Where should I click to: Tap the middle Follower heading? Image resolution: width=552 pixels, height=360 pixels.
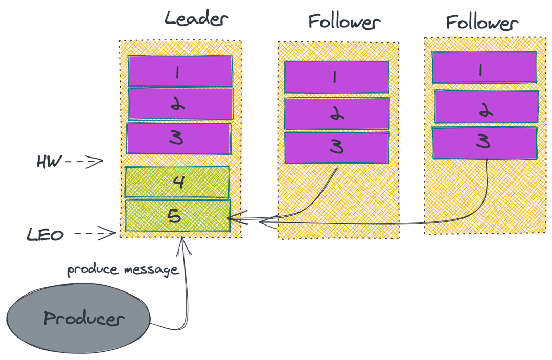pos(344,22)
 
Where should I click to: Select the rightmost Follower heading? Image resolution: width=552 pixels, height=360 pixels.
pos(482,22)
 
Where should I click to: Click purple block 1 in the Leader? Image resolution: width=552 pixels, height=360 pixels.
pos(180,71)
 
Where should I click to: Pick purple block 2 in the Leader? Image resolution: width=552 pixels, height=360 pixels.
pos(180,104)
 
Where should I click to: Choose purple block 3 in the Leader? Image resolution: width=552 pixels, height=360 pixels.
pos(179,138)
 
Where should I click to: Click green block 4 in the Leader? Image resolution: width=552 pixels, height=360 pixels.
pos(177,182)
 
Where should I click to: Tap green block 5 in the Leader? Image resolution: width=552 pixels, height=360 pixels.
pos(177,216)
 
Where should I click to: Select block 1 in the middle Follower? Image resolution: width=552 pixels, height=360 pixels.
pos(336,77)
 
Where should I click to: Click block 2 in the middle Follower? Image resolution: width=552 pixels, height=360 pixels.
pos(337,114)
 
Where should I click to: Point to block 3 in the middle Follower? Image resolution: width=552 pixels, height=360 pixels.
pos(337,148)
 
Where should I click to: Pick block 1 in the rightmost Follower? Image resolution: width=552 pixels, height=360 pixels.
pos(484,67)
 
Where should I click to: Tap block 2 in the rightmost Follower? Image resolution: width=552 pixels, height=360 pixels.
pos(486,106)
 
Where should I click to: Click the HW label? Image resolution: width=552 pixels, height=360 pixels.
pos(49,162)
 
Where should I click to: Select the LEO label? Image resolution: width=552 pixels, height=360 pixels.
pos(45,235)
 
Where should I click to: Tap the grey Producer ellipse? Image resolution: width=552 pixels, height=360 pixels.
pos(79,319)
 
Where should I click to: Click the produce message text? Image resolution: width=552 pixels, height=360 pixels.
pos(123,269)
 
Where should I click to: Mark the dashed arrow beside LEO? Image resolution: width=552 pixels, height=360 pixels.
pos(96,234)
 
